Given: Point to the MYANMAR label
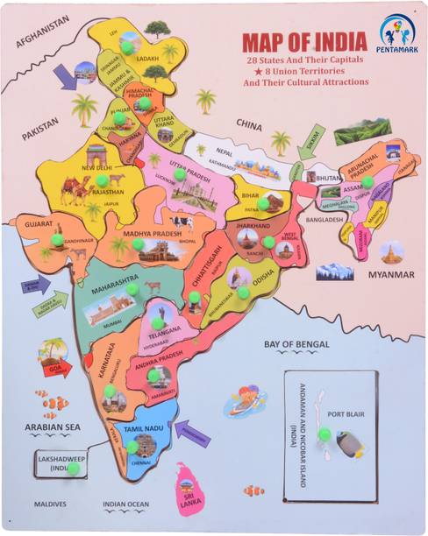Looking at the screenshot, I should tap(390, 274).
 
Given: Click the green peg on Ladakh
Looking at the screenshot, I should tap(128, 47).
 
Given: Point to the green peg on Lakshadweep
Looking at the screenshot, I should tap(74, 469).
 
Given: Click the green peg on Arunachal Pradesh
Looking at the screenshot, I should tap(368, 182).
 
